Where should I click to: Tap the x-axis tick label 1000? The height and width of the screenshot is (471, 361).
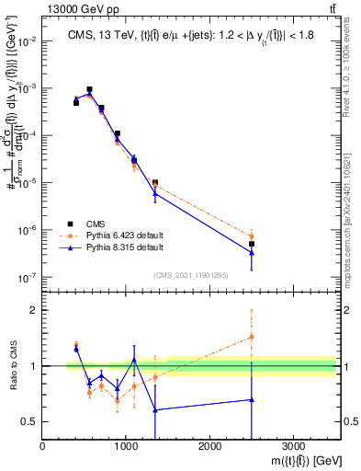(126, 445)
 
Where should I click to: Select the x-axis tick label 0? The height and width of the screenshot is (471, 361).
(43, 445)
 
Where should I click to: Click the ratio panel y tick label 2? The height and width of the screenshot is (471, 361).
(33, 310)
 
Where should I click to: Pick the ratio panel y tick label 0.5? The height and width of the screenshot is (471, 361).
(29, 421)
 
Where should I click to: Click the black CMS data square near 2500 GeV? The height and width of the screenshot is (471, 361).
(252, 244)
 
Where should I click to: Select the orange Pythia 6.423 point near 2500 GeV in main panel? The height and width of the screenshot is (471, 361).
(252, 236)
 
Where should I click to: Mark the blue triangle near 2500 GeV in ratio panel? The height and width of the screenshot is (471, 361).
(252, 399)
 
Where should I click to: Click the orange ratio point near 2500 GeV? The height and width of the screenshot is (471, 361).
(252, 337)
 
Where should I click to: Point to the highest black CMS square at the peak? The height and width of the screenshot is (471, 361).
(89, 90)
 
